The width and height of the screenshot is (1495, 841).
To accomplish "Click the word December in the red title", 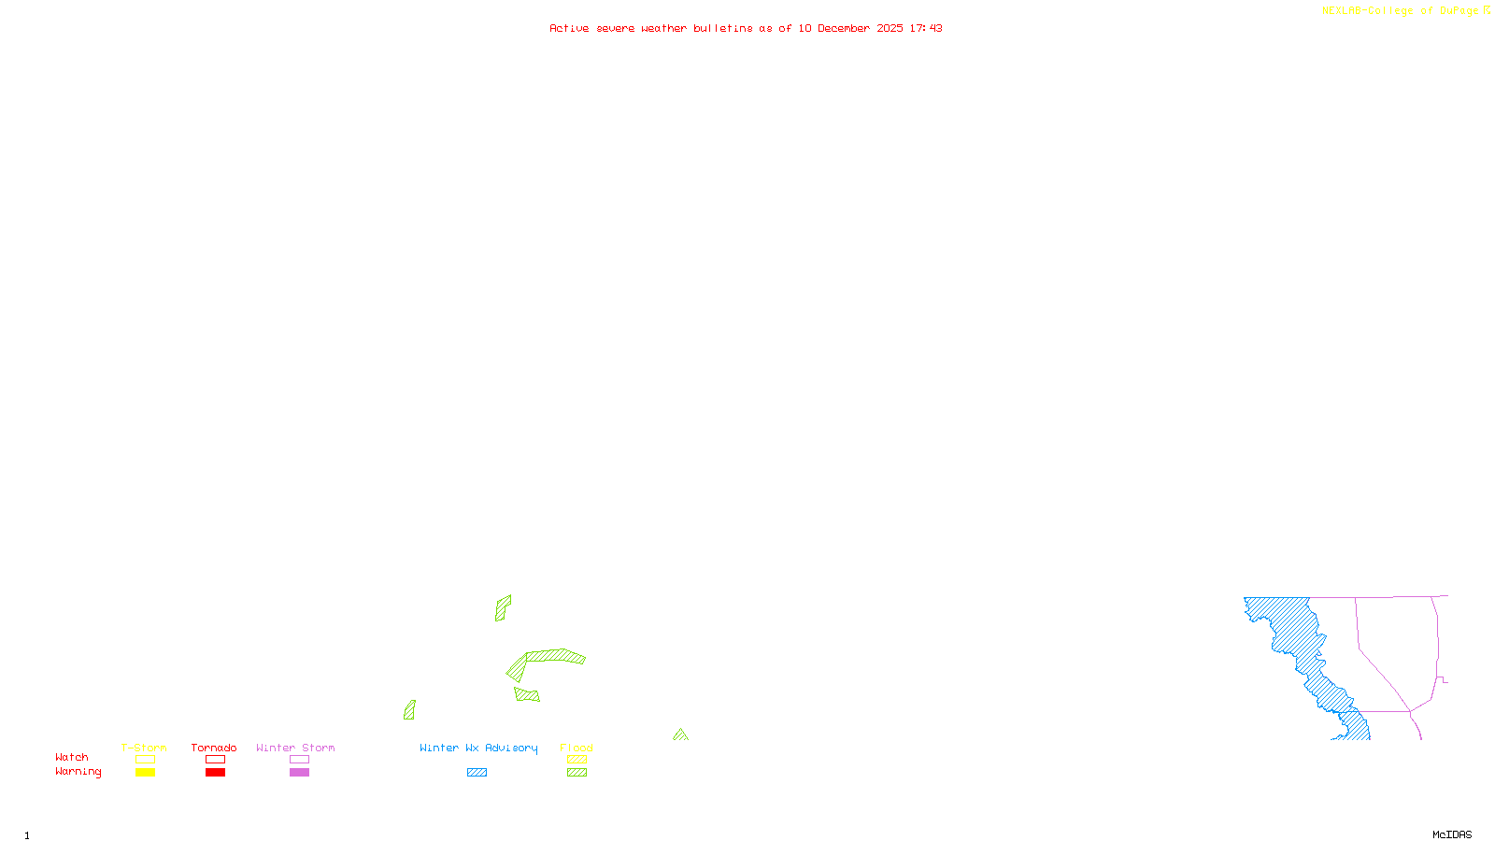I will tap(843, 28).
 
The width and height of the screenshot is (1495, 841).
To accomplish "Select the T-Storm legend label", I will tap(144, 748).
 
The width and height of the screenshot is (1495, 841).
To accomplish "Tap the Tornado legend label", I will tap(214, 748).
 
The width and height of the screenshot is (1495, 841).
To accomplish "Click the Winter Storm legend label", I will tap(295, 748).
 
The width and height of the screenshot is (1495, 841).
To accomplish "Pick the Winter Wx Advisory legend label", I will tap(478, 748).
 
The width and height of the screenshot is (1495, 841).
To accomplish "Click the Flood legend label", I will tap(577, 748).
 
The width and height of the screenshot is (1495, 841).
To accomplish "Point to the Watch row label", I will tap(72, 757).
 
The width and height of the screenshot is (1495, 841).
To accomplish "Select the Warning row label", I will tap(78, 772).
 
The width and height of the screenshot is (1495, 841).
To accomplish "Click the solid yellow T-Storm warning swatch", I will tap(145, 773).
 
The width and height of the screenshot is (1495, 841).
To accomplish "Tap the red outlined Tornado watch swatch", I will tap(215, 760).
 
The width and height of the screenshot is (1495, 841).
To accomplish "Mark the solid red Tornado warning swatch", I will tap(215, 773).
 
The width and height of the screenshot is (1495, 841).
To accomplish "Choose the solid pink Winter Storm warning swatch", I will tap(299, 773).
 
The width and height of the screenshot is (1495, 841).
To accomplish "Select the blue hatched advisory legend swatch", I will tap(477, 773).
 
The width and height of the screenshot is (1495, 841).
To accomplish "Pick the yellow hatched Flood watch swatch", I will tap(577, 760).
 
